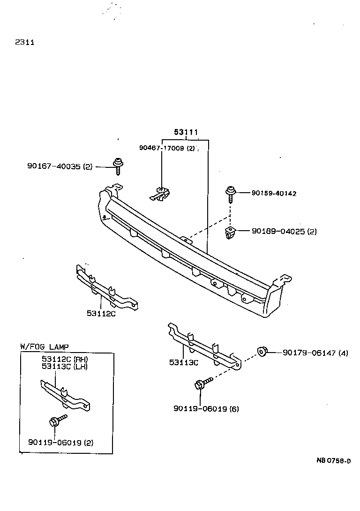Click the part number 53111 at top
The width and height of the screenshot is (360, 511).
pos(186,133)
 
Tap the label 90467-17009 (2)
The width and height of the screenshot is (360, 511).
pos(166,148)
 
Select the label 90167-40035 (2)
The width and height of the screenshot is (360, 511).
pos(60,166)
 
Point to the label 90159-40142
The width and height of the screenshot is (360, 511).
pos(273,193)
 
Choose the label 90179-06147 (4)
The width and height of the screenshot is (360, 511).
pos(315,353)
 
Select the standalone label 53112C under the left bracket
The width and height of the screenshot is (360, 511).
pos(101,313)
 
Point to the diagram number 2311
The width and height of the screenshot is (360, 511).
pos(24,42)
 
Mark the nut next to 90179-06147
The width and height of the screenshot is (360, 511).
pos(262,352)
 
